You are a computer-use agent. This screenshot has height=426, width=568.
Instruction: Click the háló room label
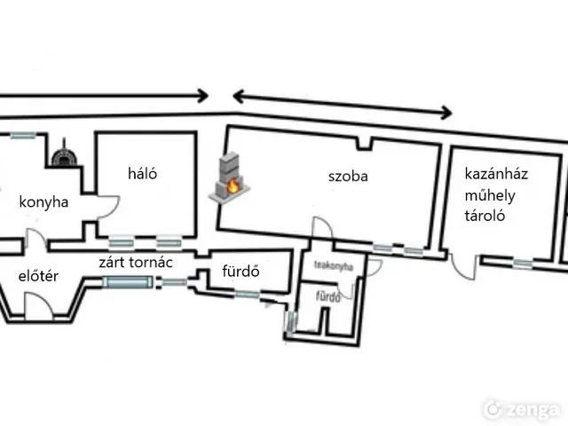[x=142, y=173]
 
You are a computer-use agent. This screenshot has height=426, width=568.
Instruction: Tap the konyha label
[x=44, y=202]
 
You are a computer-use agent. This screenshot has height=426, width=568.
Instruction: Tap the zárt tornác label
[x=135, y=262]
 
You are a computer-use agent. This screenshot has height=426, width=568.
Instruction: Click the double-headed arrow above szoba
[x=342, y=101]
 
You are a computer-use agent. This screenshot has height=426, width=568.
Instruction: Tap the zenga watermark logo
[x=521, y=409]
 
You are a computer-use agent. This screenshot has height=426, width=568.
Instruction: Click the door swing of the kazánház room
[x=461, y=264]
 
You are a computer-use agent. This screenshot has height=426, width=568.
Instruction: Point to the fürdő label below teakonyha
[x=328, y=298]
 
